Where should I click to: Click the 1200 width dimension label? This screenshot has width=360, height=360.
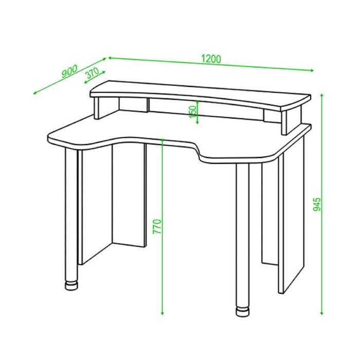[211, 59]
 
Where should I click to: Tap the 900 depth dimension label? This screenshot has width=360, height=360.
[70, 71]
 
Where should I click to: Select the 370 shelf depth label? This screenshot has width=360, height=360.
[92, 73]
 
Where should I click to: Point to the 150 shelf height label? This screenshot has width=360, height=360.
[193, 112]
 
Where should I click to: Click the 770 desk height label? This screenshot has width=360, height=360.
[157, 227]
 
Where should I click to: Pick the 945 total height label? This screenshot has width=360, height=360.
[317, 204]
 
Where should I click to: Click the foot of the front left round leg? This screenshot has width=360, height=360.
[71, 285]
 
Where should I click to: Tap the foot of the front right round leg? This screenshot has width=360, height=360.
[242, 312]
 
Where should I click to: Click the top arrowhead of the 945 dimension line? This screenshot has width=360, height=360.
[322, 95]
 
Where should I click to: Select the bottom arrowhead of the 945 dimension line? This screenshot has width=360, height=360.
[322, 313]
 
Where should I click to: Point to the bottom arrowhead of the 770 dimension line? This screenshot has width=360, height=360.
[163, 313]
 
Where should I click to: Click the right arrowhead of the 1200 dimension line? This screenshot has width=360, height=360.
[312, 70]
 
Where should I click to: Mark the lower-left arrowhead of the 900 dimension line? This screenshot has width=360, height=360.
[35, 93]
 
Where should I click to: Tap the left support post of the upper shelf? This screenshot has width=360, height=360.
[97, 108]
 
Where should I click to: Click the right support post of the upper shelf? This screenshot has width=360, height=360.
[284, 122]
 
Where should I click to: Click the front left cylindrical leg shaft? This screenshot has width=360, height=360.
[71, 214]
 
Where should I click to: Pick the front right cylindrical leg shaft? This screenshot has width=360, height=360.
[242, 236]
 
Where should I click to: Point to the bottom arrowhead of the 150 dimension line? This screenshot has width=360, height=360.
[197, 122]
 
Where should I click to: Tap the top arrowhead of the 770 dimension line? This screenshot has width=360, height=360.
[163, 140]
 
